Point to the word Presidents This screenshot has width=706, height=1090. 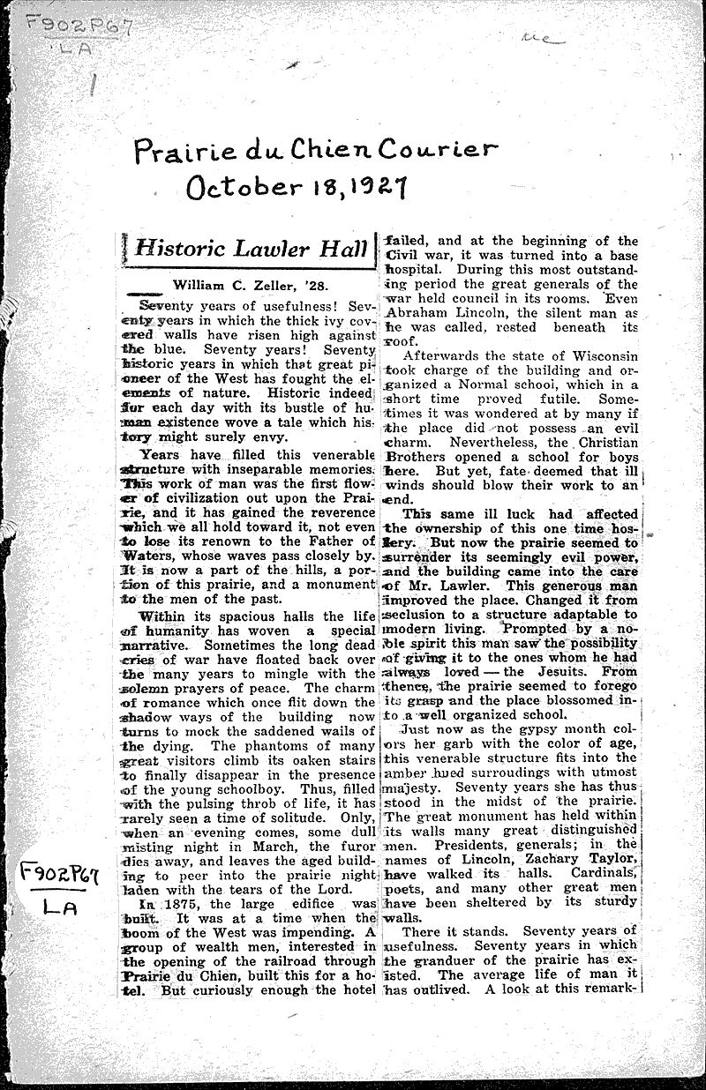(x=468, y=844)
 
